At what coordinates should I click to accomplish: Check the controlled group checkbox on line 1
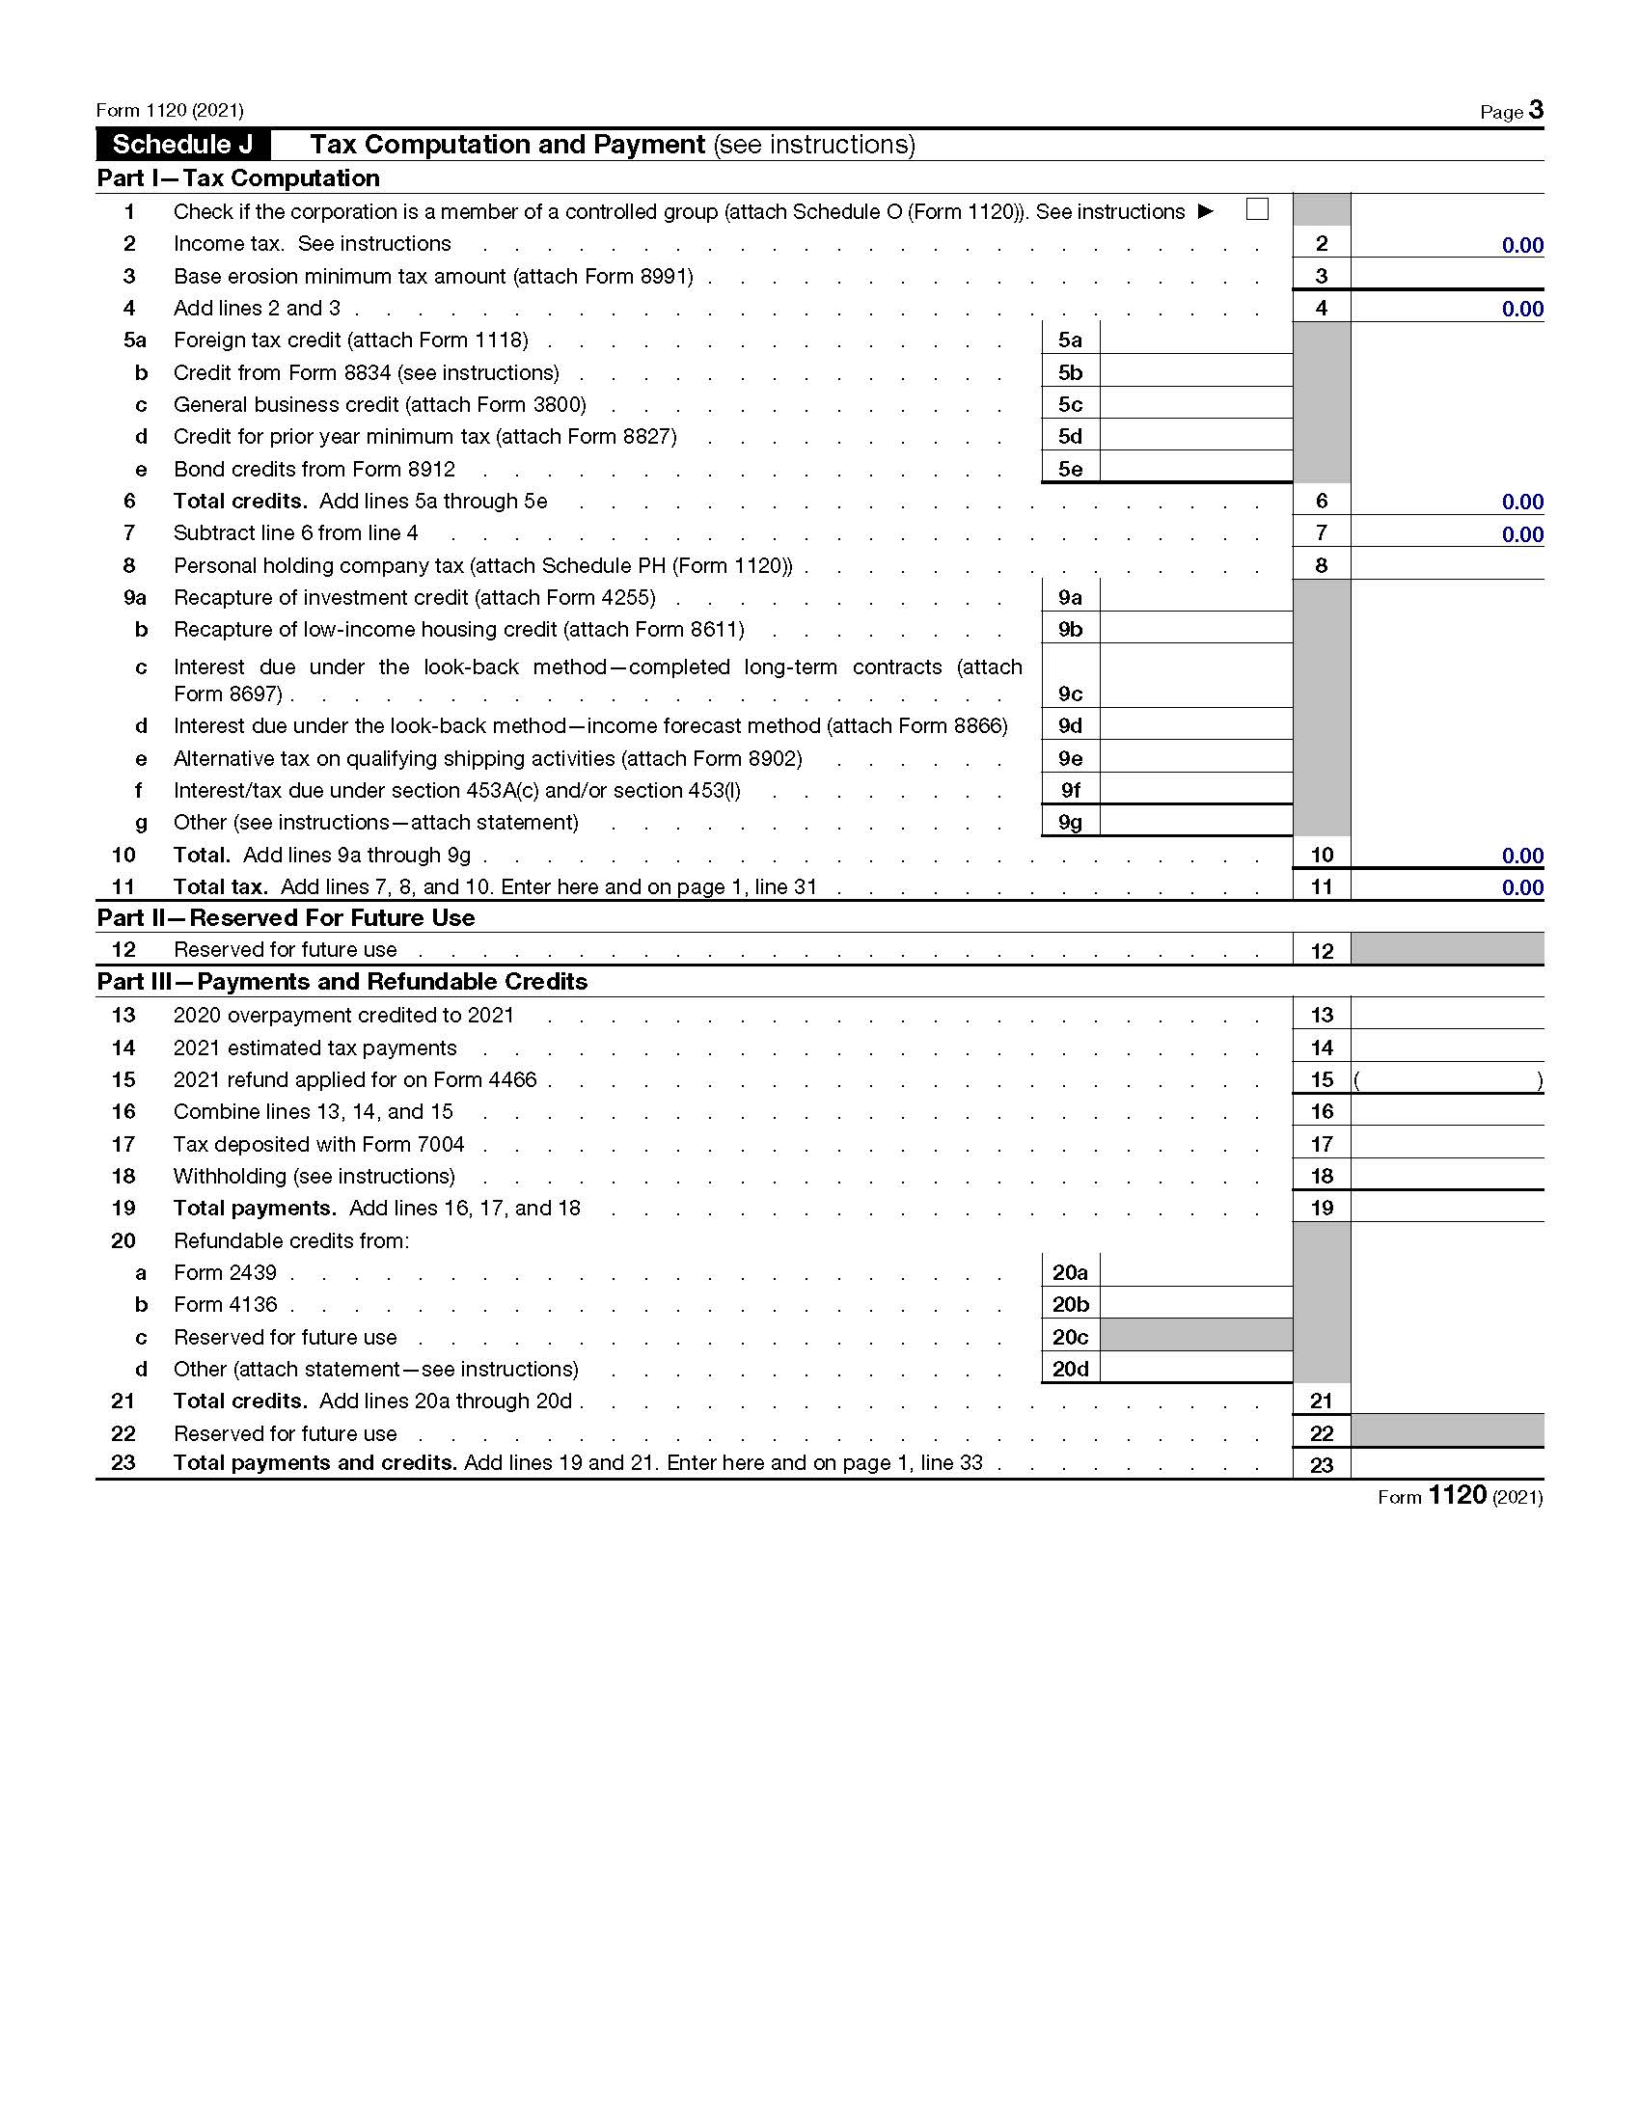pos(1256,209)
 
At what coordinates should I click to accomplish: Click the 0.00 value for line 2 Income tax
pos(1521,245)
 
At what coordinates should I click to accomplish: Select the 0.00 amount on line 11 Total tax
pos(1521,887)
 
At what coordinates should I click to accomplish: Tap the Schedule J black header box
pos(183,145)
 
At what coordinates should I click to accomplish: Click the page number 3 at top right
pos(1535,109)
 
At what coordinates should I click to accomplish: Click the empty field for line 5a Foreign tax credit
pos(1196,340)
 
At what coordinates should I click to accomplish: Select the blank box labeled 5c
pos(1196,404)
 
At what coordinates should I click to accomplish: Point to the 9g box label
pos(1070,822)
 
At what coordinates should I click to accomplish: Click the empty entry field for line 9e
pos(1196,758)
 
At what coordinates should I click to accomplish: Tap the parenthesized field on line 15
pos(1447,1079)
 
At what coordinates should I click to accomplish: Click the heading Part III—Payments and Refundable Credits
pos(342,981)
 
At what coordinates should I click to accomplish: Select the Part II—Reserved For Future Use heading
pos(286,918)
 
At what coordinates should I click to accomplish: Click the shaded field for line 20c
pos(1196,1336)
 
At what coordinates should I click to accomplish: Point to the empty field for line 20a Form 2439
pos(1196,1272)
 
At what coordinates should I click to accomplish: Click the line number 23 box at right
pos(1322,1464)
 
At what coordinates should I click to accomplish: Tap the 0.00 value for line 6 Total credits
pos(1521,502)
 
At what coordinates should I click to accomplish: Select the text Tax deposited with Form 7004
pos(318,1144)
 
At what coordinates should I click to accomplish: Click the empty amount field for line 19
pos(1447,1208)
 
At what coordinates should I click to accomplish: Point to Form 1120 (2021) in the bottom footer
pos(1460,1496)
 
